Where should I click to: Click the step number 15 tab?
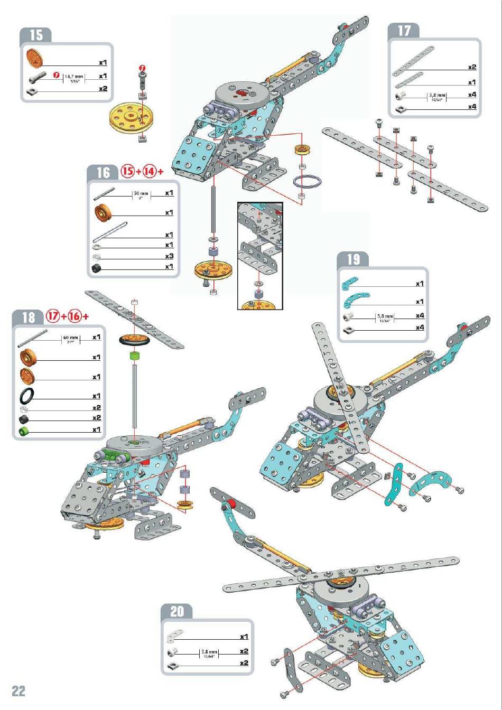[x=36, y=35]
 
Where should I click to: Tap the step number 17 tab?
[x=404, y=31]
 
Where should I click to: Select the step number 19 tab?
[x=353, y=259]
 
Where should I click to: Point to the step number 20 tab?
[x=177, y=611]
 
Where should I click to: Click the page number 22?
[x=18, y=691]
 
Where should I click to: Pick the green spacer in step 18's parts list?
[x=24, y=432]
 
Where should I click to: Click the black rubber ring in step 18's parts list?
[x=28, y=396]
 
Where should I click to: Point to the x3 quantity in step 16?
[x=169, y=256]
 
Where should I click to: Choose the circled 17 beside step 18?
[x=53, y=316]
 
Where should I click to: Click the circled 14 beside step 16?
[x=149, y=172]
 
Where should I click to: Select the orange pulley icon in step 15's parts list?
[x=33, y=58]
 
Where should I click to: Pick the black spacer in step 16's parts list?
[x=97, y=268]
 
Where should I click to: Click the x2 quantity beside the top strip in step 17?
[x=472, y=67]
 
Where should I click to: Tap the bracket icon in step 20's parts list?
[x=175, y=634]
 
